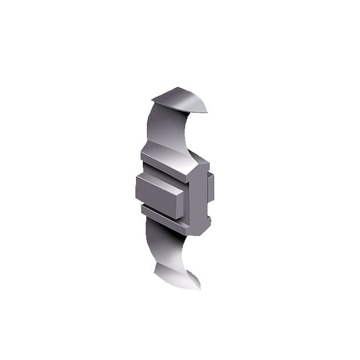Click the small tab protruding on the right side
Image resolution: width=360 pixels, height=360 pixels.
[x=211, y=187]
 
